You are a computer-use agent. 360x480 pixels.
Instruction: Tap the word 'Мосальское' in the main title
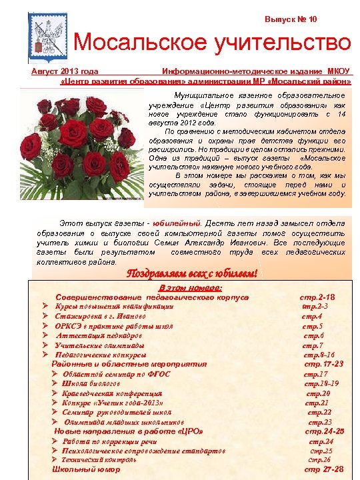[139, 43]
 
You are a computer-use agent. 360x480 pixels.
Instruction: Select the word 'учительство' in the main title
[280, 43]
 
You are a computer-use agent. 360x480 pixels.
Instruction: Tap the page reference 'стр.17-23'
[323, 365]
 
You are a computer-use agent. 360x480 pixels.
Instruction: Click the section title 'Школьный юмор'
[86, 469]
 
